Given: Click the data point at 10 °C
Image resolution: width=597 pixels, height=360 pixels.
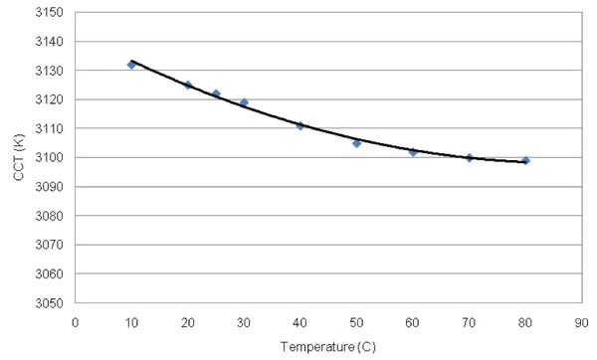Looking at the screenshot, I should (x=131, y=65).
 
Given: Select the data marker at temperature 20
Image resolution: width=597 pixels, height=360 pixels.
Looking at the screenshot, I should (x=188, y=86).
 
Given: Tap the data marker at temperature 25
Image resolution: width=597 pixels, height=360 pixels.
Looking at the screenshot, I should (x=216, y=93).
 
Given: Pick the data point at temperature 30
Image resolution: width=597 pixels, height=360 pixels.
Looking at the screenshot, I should (x=244, y=102).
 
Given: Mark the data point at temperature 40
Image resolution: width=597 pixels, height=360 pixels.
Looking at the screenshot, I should (x=299, y=125).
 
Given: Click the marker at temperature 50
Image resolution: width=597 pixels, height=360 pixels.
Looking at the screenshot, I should (x=356, y=143).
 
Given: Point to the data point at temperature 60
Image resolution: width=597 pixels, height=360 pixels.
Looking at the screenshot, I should (x=413, y=151).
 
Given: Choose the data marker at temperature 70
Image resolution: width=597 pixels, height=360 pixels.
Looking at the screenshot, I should (x=469, y=157).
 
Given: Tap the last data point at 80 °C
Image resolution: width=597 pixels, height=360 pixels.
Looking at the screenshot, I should (x=525, y=160).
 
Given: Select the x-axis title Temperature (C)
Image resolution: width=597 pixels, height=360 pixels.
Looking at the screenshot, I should (x=327, y=347).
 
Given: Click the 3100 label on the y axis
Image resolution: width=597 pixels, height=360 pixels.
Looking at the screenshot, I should (x=50, y=158).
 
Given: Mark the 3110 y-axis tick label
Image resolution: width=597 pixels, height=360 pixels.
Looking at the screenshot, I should (x=50, y=129).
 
